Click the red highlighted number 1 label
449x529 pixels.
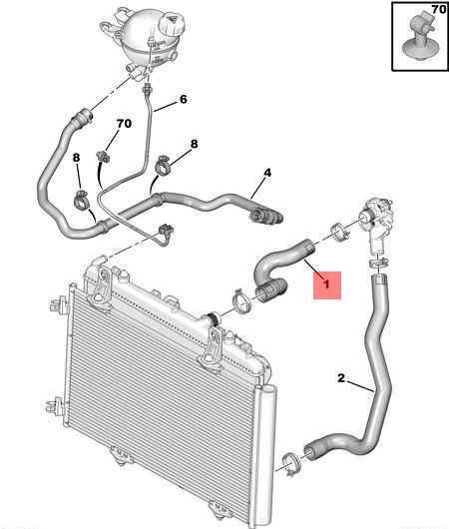[x=326, y=283]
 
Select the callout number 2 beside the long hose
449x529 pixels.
[x=341, y=378]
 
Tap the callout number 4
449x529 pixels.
[x=267, y=173]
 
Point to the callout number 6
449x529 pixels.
[x=184, y=99]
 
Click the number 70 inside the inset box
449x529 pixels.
[x=439, y=9]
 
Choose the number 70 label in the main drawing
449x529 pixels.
[x=124, y=124]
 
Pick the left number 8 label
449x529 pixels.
[x=77, y=158]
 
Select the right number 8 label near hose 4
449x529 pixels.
[x=194, y=144]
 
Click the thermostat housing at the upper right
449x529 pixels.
[x=375, y=224]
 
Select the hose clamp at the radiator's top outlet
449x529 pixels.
[x=241, y=301]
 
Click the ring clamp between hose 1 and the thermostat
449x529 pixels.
[x=338, y=232]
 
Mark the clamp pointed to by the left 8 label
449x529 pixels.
[x=81, y=200]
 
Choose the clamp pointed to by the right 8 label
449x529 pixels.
[x=164, y=165]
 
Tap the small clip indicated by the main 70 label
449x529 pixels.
[x=103, y=157]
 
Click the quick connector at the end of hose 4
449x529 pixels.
[x=265, y=215]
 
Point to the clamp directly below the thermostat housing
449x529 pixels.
[x=378, y=264]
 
